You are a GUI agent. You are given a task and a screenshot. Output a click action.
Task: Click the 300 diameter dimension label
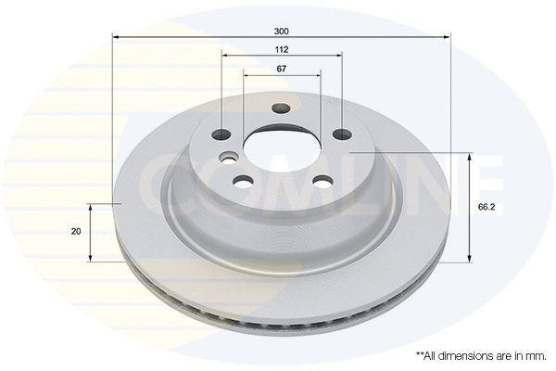pos(282,30)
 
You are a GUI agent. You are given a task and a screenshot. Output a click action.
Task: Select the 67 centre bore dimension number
pos(282,70)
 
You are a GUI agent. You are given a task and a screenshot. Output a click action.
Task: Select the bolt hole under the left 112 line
pos(222,134)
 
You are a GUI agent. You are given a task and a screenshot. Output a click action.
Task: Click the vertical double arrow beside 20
pos(90,231)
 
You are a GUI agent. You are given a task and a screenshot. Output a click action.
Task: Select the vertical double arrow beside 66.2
pos(470,208)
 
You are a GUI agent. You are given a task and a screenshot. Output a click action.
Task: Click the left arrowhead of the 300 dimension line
pos(116,37)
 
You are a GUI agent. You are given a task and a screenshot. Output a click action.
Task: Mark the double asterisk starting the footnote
pos(419,354)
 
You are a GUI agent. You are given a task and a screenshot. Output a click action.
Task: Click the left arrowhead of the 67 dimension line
pos(246,76)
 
